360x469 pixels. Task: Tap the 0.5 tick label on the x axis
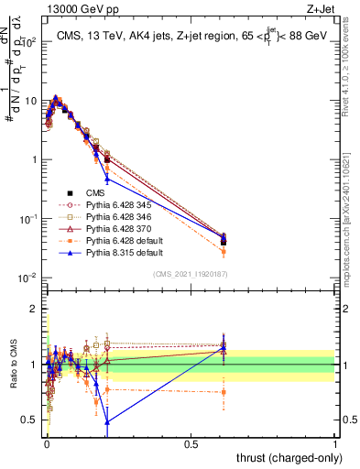click(x=191, y=443)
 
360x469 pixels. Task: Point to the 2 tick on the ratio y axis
click(x=34, y=309)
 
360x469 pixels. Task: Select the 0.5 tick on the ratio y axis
click(x=30, y=420)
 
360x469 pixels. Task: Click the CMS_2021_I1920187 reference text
click(x=193, y=274)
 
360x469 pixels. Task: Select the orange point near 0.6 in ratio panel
click(x=224, y=392)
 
